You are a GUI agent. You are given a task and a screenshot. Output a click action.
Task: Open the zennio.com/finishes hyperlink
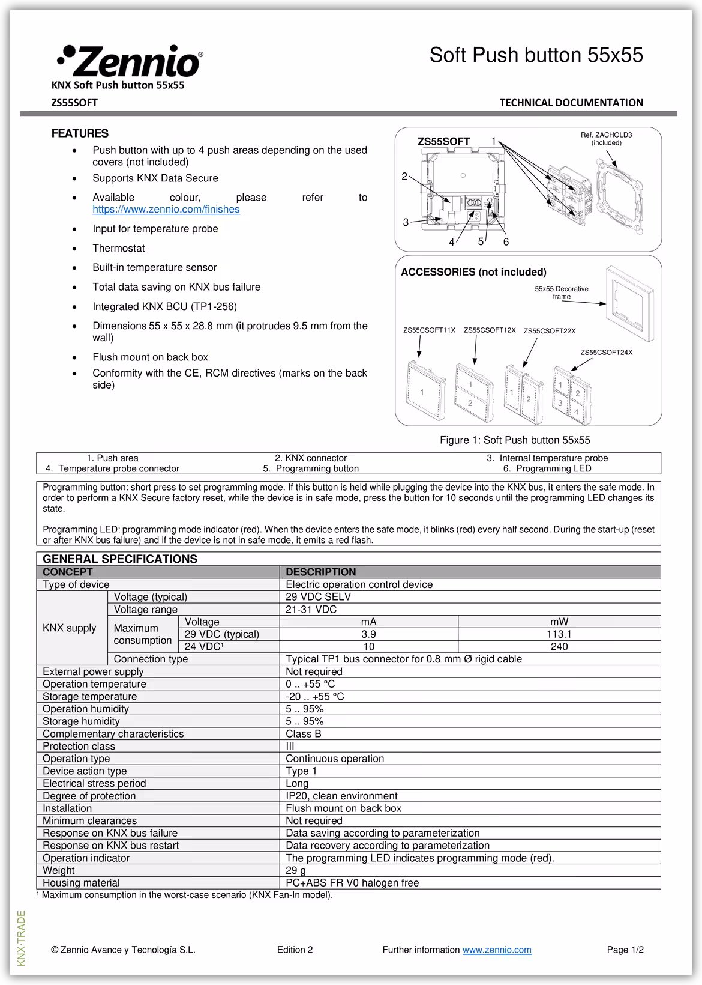166,210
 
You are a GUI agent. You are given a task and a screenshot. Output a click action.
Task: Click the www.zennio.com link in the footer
497,950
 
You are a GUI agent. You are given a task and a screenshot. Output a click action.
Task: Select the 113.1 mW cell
559,634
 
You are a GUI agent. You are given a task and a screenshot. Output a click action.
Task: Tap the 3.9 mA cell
368,634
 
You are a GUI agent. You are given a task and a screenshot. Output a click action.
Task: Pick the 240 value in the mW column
559,647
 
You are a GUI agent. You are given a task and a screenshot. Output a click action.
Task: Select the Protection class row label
79,746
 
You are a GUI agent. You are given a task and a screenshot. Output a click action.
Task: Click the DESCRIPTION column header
321,572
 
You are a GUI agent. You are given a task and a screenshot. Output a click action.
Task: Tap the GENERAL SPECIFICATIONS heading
120,559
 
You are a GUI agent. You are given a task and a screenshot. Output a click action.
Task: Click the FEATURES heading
80,133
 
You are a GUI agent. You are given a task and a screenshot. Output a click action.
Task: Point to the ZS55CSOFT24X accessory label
606,353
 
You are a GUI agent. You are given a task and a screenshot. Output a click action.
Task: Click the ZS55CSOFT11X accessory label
429,330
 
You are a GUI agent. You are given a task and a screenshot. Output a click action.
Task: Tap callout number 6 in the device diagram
506,242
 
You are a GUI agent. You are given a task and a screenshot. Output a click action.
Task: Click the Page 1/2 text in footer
625,950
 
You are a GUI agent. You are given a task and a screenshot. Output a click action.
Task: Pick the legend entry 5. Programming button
311,468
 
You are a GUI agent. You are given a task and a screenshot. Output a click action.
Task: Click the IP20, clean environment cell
341,796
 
